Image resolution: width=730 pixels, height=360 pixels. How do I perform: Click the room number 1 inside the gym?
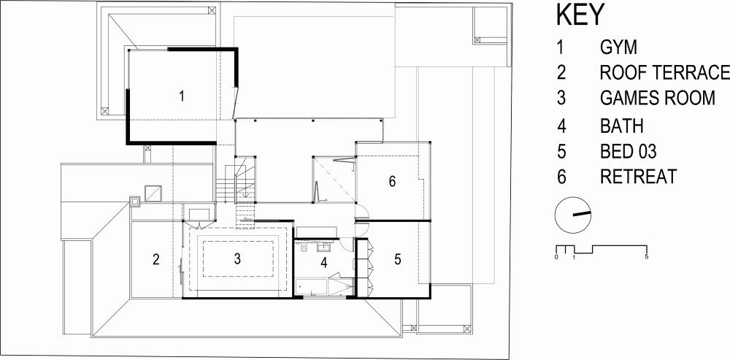click(x=182, y=96)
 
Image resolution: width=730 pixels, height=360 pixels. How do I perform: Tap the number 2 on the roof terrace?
click(x=156, y=259)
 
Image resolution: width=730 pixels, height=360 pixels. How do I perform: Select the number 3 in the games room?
click(x=237, y=258)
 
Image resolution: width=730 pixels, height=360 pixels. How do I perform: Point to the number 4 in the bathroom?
click(x=324, y=263)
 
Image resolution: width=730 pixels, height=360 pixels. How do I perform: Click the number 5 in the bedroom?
click(x=397, y=259)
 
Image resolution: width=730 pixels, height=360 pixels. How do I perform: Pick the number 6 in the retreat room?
click(x=393, y=181)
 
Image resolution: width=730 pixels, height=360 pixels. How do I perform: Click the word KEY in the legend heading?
click(x=580, y=15)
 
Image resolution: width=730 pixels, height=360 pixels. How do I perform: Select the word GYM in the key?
click(x=618, y=47)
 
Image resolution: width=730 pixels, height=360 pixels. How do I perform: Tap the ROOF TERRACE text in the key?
click(x=665, y=72)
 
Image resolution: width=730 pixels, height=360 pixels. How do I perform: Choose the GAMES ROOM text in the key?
click(x=658, y=98)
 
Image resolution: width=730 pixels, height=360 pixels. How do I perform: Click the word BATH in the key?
click(x=622, y=126)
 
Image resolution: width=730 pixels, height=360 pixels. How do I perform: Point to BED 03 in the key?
click(x=628, y=151)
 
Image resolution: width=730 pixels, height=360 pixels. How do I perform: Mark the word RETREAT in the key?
click(x=638, y=177)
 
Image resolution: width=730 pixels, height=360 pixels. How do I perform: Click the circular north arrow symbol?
click(x=573, y=215)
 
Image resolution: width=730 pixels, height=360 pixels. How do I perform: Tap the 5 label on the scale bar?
click(x=647, y=256)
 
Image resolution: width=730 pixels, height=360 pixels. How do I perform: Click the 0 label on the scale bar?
click(x=556, y=256)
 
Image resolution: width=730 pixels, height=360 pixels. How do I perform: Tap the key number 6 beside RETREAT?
click(x=561, y=177)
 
